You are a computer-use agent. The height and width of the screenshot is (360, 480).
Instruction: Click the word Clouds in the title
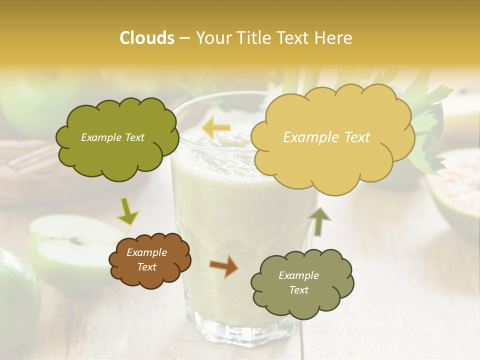click(x=147, y=38)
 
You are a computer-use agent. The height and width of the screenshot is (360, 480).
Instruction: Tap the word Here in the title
click(x=333, y=38)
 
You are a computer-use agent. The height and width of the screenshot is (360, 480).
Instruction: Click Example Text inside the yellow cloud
click(x=326, y=137)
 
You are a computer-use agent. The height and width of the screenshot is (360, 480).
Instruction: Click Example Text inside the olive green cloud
click(x=112, y=137)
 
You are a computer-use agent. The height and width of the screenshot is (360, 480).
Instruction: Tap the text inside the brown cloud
click(x=147, y=260)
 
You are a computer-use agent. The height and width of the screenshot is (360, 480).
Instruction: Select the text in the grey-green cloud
click(x=298, y=282)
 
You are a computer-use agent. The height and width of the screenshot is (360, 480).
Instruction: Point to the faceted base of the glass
click(x=245, y=325)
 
